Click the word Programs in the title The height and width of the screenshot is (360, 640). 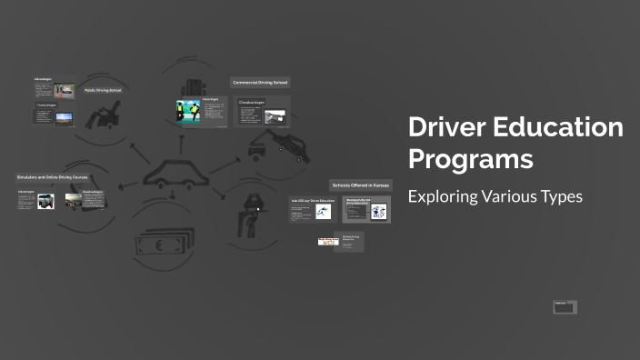[470, 159]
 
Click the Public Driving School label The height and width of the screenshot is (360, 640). [103, 91]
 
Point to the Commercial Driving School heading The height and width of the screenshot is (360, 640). [260, 83]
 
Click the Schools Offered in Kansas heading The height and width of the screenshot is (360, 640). [360, 185]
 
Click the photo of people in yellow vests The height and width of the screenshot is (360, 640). [188, 111]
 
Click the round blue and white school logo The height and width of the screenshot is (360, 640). [378, 212]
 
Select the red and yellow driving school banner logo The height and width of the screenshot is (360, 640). [328, 242]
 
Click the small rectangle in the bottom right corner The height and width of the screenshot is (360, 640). [565, 307]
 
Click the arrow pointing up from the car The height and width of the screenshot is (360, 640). [181, 141]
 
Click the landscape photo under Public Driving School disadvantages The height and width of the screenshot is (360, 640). [64, 117]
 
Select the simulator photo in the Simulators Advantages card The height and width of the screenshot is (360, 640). [45, 201]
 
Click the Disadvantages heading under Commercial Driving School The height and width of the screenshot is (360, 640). [252, 103]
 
